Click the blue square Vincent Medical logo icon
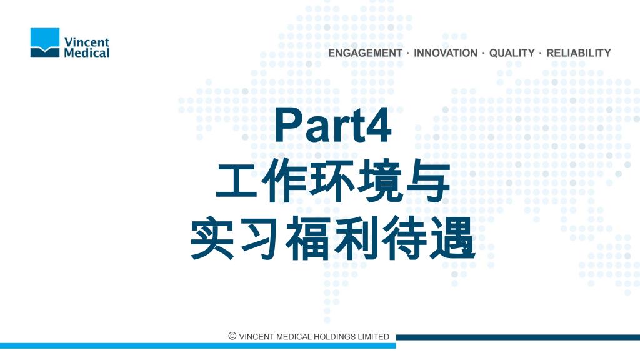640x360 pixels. point(45,42)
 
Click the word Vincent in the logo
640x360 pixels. point(87,42)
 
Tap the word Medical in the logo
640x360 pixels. point(86,52)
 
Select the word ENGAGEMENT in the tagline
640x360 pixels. point(365,53)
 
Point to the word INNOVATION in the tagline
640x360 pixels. point(445,53)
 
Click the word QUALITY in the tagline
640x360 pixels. point(512,53)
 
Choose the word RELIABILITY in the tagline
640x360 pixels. point(578,53)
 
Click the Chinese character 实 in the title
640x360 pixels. point(212,237)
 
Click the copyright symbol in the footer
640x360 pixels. point(232,336)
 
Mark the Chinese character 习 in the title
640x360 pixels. point(260,237)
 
